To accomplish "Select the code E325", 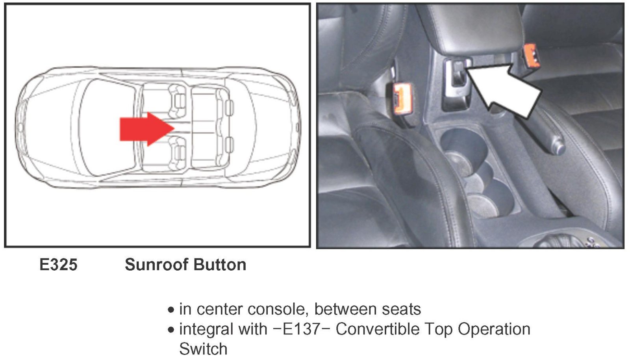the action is (58, 265).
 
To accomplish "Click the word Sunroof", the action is (157, 265).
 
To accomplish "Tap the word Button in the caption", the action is (220, 265).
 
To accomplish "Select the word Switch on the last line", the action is (203, 349).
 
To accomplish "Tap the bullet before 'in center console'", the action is (171, 310).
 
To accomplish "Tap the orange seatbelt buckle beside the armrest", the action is (531, 59).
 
